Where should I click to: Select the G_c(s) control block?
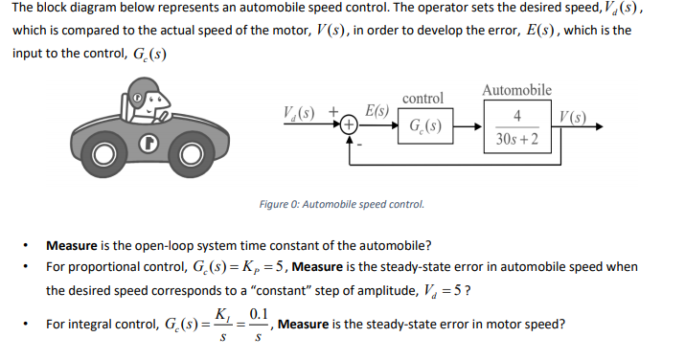(x=422, y=125)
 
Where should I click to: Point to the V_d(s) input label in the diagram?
(x=305, y=113)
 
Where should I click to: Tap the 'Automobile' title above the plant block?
(x=517, y=90)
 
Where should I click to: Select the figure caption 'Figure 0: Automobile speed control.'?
(x=341, y=204)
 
